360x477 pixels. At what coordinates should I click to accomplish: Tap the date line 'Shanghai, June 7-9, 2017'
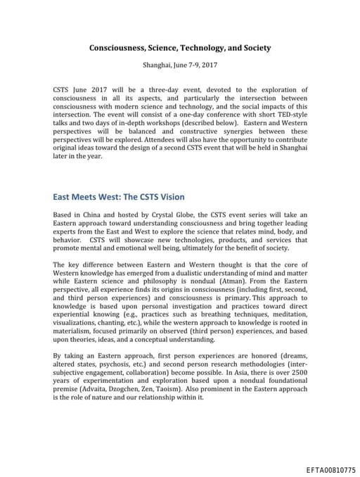point(180,64)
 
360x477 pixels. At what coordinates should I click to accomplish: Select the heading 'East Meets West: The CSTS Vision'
point(119,196)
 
